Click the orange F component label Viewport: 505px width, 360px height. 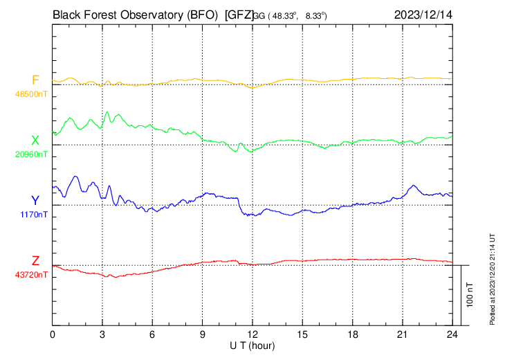[x=35, y=80]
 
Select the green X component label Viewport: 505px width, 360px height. [x=35, y=141]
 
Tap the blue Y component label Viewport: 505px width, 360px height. [x=35, y=201]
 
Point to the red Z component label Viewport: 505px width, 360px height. [x=35, y=261]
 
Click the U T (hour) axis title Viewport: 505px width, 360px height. [x=252, y=345]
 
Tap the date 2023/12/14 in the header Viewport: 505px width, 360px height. [x=421, y=14]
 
